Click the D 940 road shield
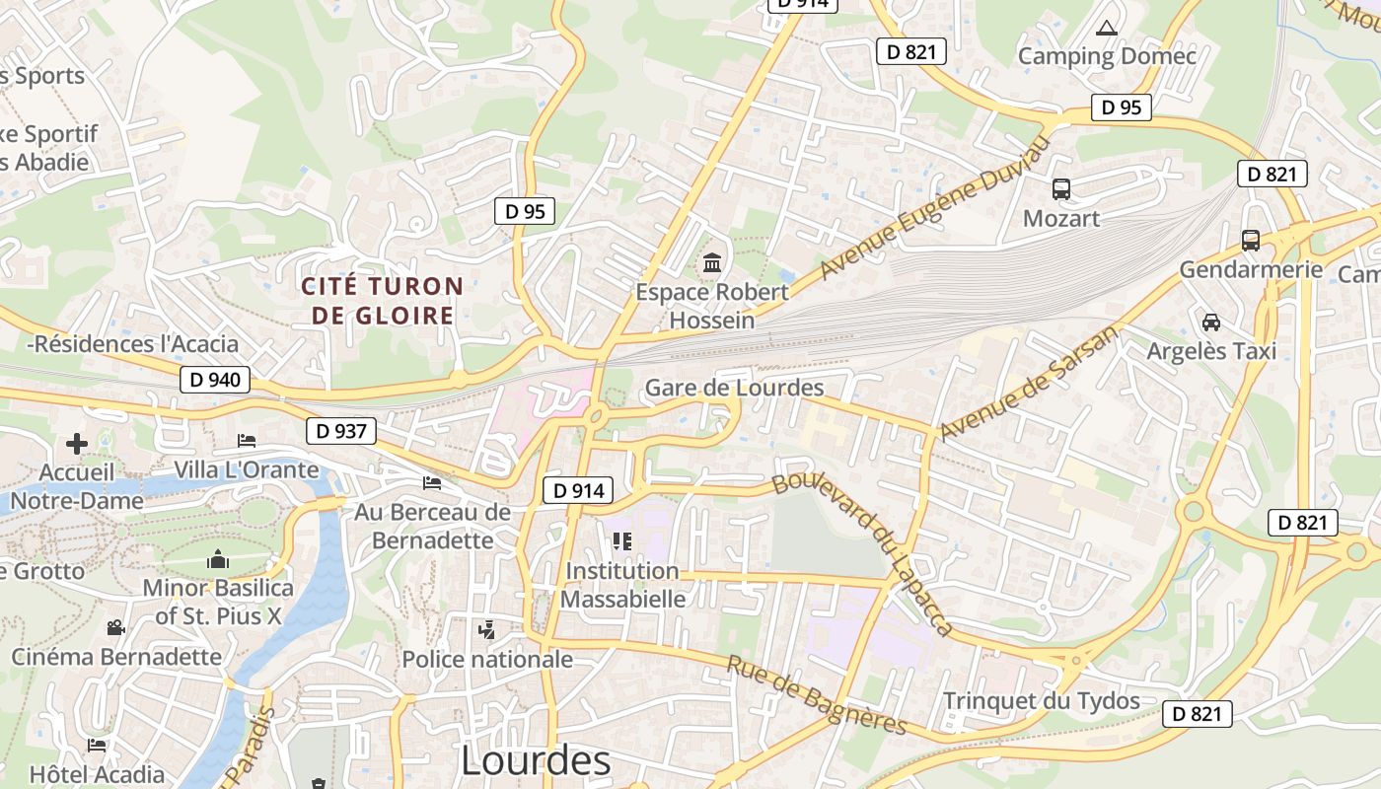point(216,380)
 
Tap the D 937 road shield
point(341,431)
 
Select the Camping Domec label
point(1107,56)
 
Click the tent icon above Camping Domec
point(1107,28)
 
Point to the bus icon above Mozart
point(1061,188)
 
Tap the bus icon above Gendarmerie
point(1251,240)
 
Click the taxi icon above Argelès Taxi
point(1211,322)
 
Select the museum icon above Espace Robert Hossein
point(712,263)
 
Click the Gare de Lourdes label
point(734,388)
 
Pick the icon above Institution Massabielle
point(622,540)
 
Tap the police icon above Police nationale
point(486,629)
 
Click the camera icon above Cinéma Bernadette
point(116,627)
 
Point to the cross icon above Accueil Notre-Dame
point(77,444)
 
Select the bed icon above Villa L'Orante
point(247,440)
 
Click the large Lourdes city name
point(536,760)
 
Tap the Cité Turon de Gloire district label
point(382,301)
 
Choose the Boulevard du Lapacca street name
point(864,553)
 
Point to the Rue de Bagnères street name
point(816,695)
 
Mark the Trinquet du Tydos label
point(1042,701)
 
